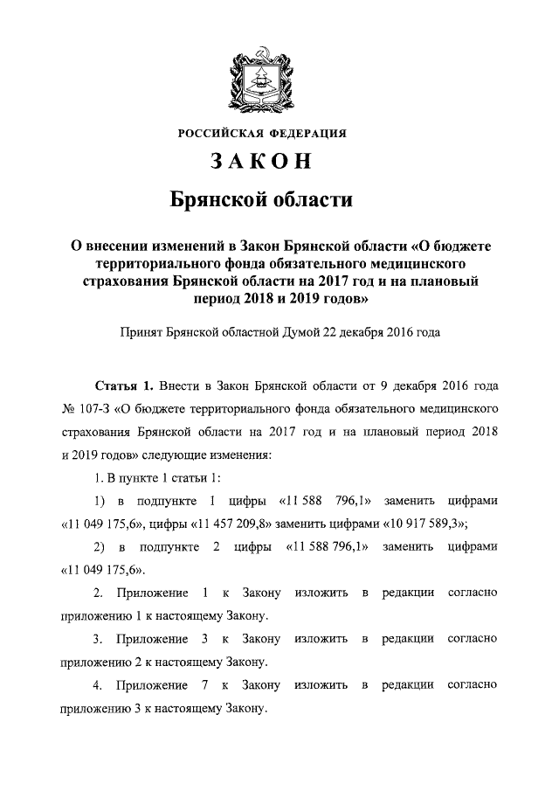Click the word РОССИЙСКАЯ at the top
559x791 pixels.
[x=223, y=134]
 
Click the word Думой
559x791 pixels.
[x=307, y=332]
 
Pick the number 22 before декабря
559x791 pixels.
[x=341, y=332]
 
